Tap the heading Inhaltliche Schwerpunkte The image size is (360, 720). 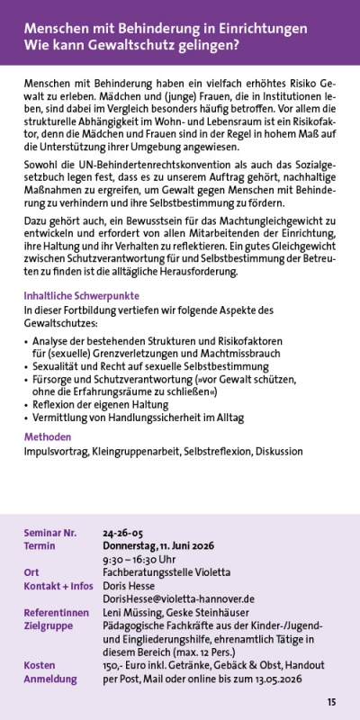click(82, 296)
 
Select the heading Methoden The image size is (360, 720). click(47, 436)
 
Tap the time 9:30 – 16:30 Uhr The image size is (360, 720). click(139, 558)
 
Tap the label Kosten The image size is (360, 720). click(40, 665)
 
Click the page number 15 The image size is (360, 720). click(332, 702)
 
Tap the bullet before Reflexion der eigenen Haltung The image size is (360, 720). click(27, 406)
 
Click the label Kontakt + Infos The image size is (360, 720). click(58, 585)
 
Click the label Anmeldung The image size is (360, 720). click(52, 679)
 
